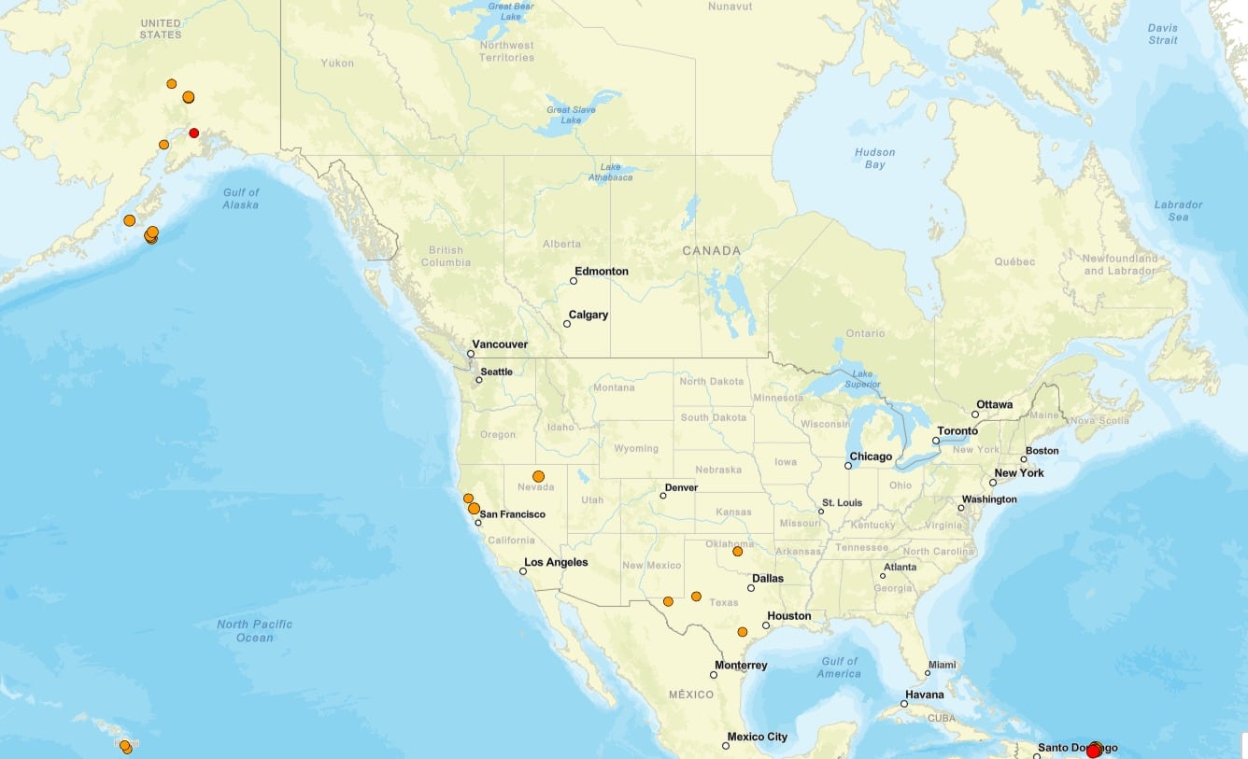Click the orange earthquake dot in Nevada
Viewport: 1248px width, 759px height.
tap(538, 476)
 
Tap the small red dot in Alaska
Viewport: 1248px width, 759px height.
tap(194, 133)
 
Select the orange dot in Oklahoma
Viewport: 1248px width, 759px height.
tap(737, 552)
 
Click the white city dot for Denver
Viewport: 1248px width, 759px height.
tap(663, 496)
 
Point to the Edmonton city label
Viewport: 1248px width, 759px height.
tap(601, 272)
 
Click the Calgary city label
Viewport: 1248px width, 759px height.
tap(589, 315)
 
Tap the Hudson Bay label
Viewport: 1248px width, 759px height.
tap(874, 159)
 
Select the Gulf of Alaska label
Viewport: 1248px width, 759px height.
tap(241, 198)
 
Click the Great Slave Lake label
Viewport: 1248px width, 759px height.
tap(571, 114)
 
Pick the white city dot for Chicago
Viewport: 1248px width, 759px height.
tap(848, 465)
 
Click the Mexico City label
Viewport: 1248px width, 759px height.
tap(757, 737)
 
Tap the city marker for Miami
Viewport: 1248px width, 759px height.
tap(928, 673)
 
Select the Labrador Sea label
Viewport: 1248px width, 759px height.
tap(1178, 211)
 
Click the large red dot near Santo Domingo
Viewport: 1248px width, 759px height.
tap(1093, 751)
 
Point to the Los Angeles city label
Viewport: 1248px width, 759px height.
tap(556, 562)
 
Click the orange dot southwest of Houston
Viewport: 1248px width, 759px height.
tap(743, 632)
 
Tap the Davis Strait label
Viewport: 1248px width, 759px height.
tap(1163, 34)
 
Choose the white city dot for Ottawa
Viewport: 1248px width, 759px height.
tap(975, 415)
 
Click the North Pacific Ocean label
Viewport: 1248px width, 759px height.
tap(254, 631)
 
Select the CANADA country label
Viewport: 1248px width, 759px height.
tap(711, 250)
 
